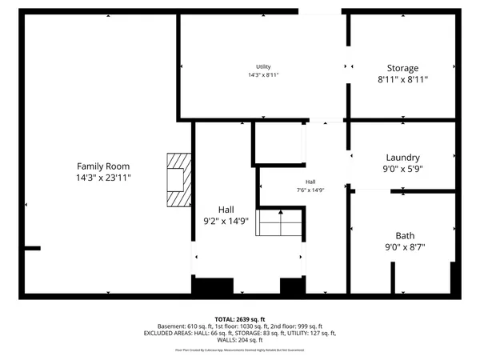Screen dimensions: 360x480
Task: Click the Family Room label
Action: coord(98,166)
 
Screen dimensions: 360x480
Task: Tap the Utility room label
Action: coord(263,66)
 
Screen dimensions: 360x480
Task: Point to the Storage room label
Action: coord(402,68)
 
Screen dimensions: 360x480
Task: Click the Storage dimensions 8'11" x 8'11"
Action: coord(402,80)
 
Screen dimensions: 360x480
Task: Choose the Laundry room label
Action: coord(402,158)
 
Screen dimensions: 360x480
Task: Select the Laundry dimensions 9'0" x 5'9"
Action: coord(402,169)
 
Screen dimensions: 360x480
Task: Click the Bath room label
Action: coord(405,235)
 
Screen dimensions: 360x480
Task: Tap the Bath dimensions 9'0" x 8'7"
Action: coord(405,247)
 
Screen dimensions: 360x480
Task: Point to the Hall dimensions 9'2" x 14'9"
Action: coord(226,220)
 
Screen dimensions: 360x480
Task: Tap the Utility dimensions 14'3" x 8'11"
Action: coord(263,75)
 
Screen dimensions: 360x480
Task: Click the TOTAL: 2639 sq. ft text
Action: coord(239,319)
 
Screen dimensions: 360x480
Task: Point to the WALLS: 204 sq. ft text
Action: coord(240,340)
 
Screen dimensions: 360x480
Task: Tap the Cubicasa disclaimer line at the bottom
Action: coord(240,350)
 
